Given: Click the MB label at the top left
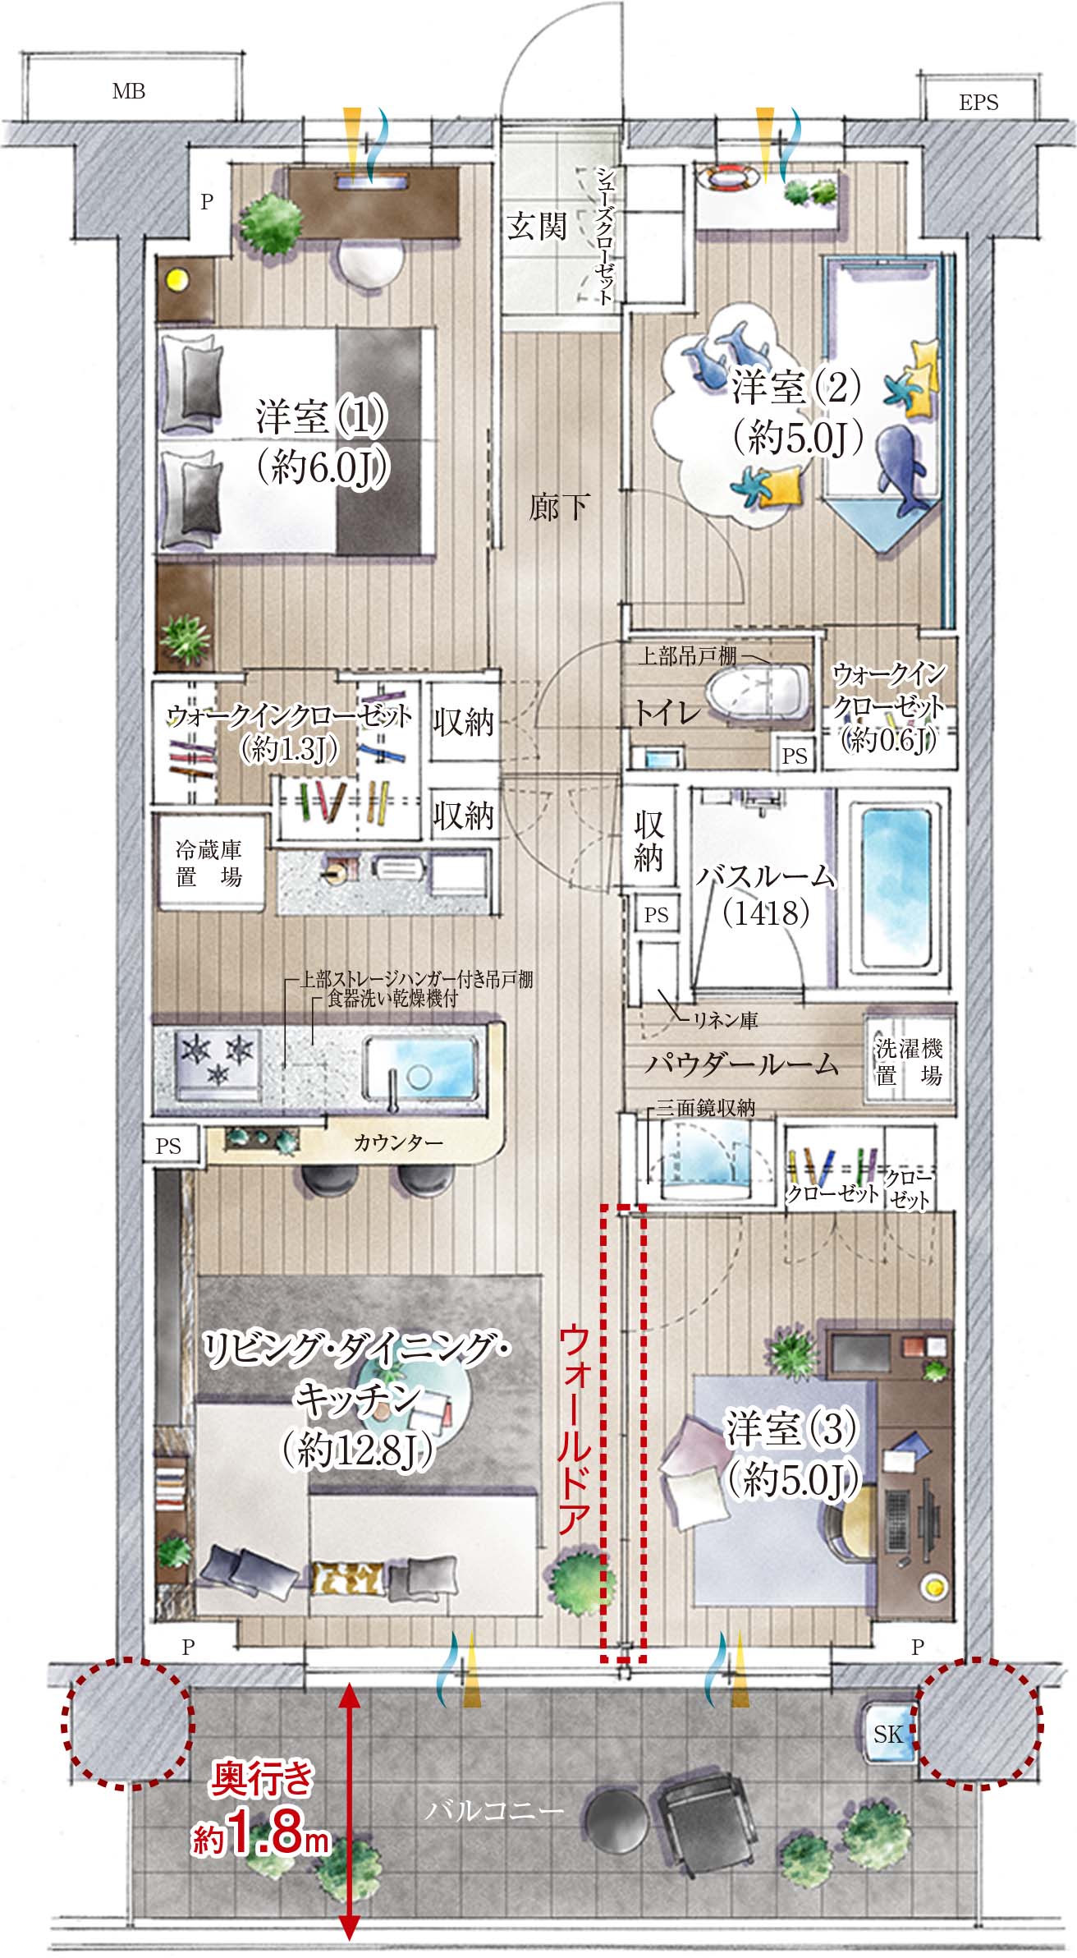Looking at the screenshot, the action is click(x=129, y=91).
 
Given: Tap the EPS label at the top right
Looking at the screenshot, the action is click(x=978, y=103).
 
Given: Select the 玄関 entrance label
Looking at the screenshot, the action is click(x=537, y=225).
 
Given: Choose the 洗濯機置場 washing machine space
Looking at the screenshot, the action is click(x=909, y=1061).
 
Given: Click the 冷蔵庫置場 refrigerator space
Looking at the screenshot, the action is click(x=210, y=862).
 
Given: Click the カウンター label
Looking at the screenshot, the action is click(x=398, y=1142).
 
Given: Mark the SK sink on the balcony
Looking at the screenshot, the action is click(x=888, y=1733).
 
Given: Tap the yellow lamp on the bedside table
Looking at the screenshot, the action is click(x=176, y=280).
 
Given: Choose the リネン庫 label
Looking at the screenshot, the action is click(x=726, y=1020).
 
